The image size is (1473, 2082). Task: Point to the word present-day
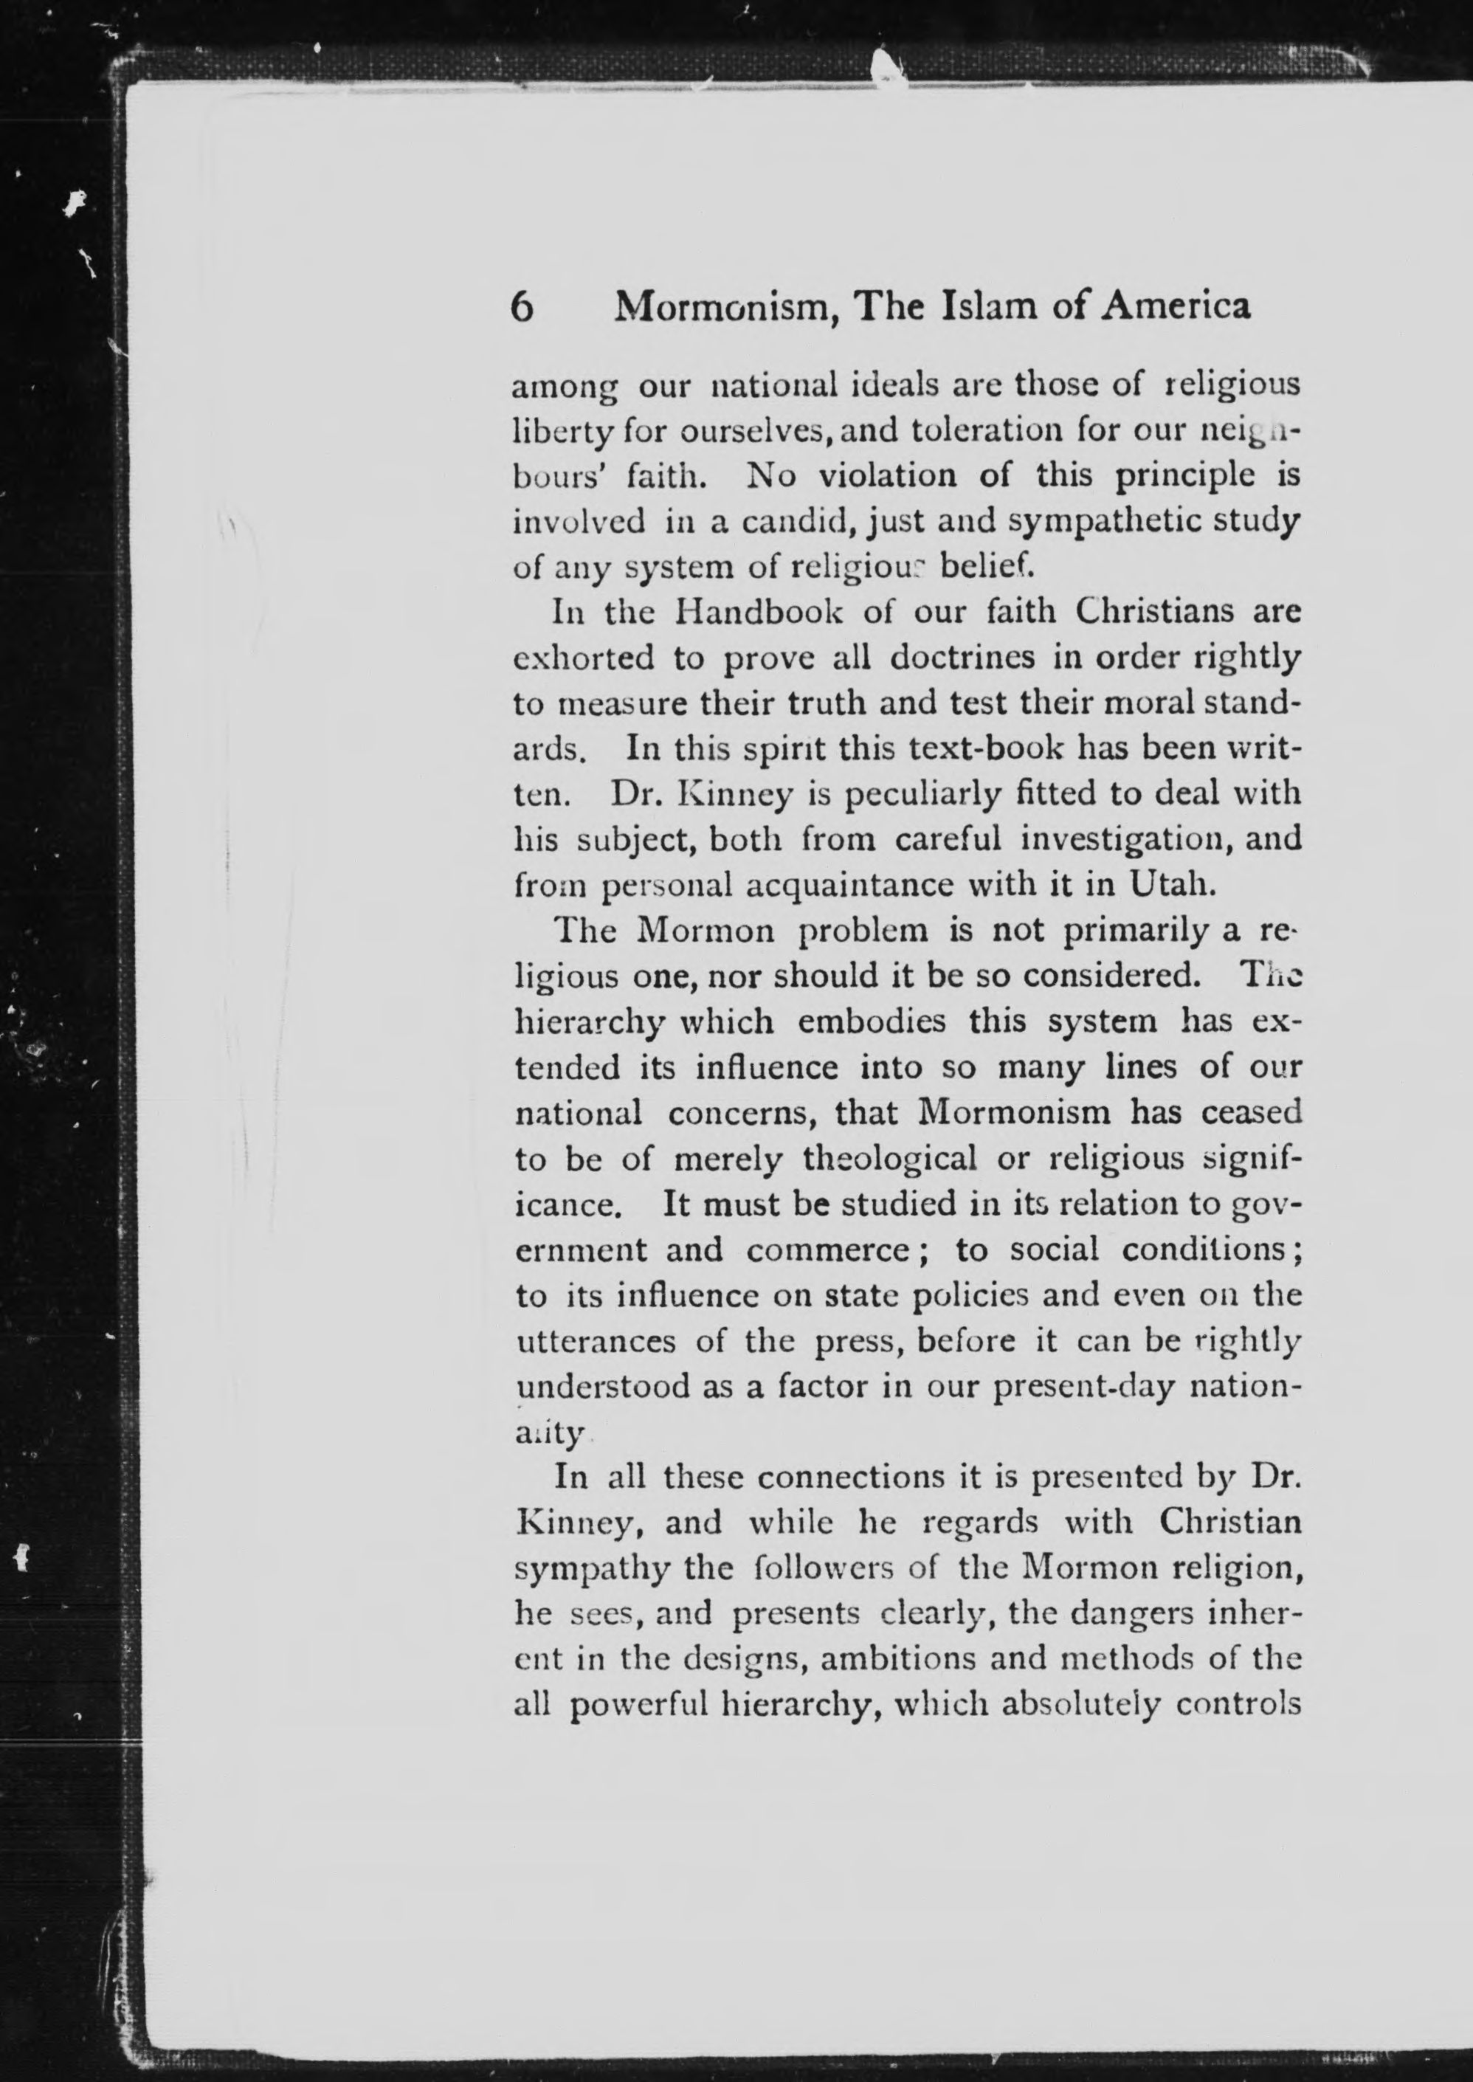[1094, 1386]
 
